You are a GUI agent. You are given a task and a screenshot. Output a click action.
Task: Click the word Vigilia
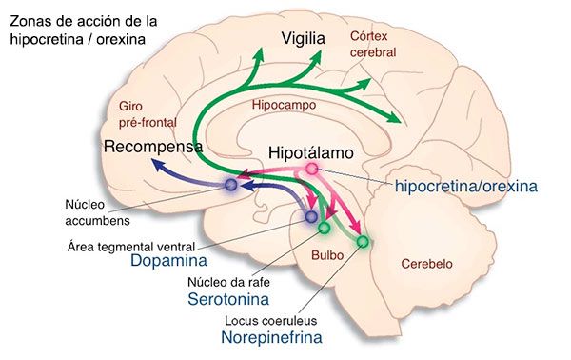(304, 39)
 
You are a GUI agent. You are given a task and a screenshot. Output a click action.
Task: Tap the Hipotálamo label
(311, 153)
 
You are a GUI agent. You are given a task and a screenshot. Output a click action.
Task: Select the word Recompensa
(153, 147)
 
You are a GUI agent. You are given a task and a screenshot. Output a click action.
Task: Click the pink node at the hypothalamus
(312, 169)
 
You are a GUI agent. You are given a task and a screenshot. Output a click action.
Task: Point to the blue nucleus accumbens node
(231, 185)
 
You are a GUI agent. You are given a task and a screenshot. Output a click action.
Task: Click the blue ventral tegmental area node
(311, 216)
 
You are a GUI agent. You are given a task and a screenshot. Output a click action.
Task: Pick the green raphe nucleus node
(325, 229)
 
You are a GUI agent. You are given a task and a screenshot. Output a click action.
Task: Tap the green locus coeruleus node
(363, 241)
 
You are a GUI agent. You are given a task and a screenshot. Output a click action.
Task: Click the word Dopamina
(169, 261)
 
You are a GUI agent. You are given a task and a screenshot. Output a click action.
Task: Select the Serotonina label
(228, 299)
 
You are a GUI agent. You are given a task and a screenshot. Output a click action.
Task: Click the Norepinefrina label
(271, 337)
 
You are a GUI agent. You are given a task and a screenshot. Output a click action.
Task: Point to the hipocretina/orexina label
(466, 187)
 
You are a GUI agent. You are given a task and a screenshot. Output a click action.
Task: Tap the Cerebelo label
(426, 264)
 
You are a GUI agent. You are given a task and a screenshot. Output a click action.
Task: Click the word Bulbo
(327, 255)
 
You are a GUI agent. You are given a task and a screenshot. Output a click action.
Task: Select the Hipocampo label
(284, 106)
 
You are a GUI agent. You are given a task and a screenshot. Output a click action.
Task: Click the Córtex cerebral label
(373, 45)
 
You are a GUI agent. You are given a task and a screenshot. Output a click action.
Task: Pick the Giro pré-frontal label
(148, 114)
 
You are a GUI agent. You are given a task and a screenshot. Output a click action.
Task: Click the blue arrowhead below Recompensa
(158, 166)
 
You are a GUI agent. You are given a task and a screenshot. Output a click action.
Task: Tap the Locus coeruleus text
(270, 321)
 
